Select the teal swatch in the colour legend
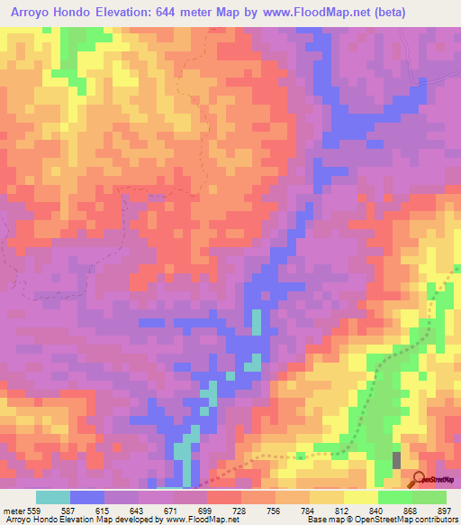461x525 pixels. [53, 498]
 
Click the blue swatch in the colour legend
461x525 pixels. [87, 498]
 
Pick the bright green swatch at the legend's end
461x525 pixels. [429, 498]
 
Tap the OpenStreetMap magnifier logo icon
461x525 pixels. [419, 478]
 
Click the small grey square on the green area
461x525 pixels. [396, 460]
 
